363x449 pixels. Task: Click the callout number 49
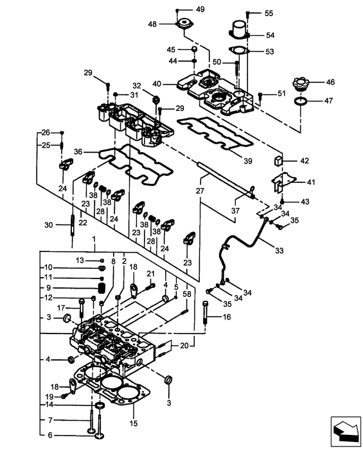200,9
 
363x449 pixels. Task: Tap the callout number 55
269,13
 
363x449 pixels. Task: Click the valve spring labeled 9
100,287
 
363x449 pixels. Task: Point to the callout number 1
94,238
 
